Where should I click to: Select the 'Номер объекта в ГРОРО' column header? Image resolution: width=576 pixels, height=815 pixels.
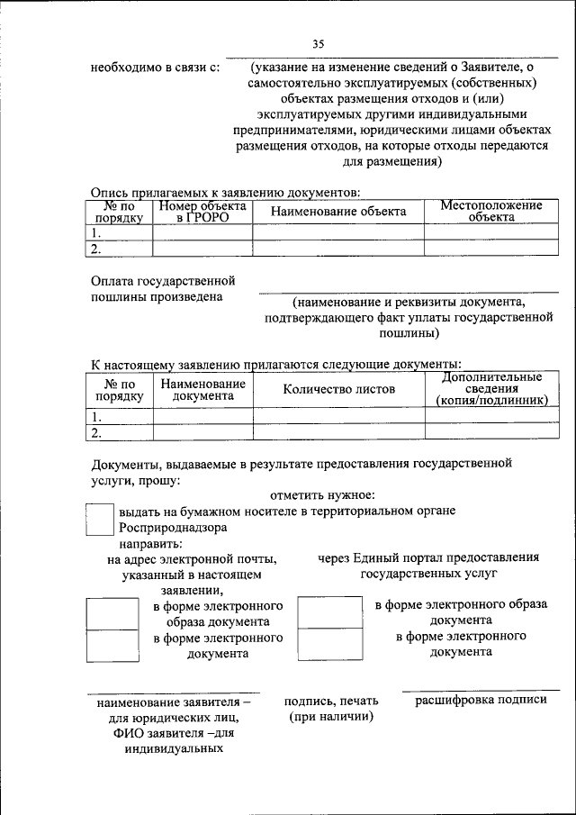point(202,211)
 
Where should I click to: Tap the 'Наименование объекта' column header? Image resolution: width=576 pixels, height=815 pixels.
point(337,211)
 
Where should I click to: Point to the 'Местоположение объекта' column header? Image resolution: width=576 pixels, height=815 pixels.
point(490,211)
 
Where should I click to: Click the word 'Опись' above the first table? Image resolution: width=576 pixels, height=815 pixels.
point(110,191)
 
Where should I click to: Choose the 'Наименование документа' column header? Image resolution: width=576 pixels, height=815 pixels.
point(202,389)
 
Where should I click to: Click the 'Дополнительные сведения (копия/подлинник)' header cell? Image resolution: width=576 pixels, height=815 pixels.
point(490,389)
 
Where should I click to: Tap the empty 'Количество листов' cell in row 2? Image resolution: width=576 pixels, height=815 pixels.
point(337,432)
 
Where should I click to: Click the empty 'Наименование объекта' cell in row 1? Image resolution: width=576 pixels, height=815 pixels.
point(337,232)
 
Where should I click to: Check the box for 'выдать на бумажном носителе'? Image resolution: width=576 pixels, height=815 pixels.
point(99,520)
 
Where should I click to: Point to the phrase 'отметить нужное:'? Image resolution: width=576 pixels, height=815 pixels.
point(321,494)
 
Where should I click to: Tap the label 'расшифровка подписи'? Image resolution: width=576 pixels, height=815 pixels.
point(481,700)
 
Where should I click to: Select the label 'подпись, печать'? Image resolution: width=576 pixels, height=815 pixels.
point(330,701)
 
